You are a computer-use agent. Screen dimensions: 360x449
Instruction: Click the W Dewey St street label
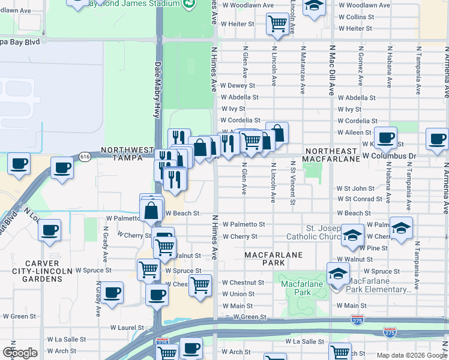[x=238, y=86]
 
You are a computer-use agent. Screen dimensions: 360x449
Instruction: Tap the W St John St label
[x=355, y=188]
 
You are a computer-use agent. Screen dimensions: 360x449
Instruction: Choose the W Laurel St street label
[x=127, y=328]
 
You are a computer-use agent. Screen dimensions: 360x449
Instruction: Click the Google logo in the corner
[x=20, y=353]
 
